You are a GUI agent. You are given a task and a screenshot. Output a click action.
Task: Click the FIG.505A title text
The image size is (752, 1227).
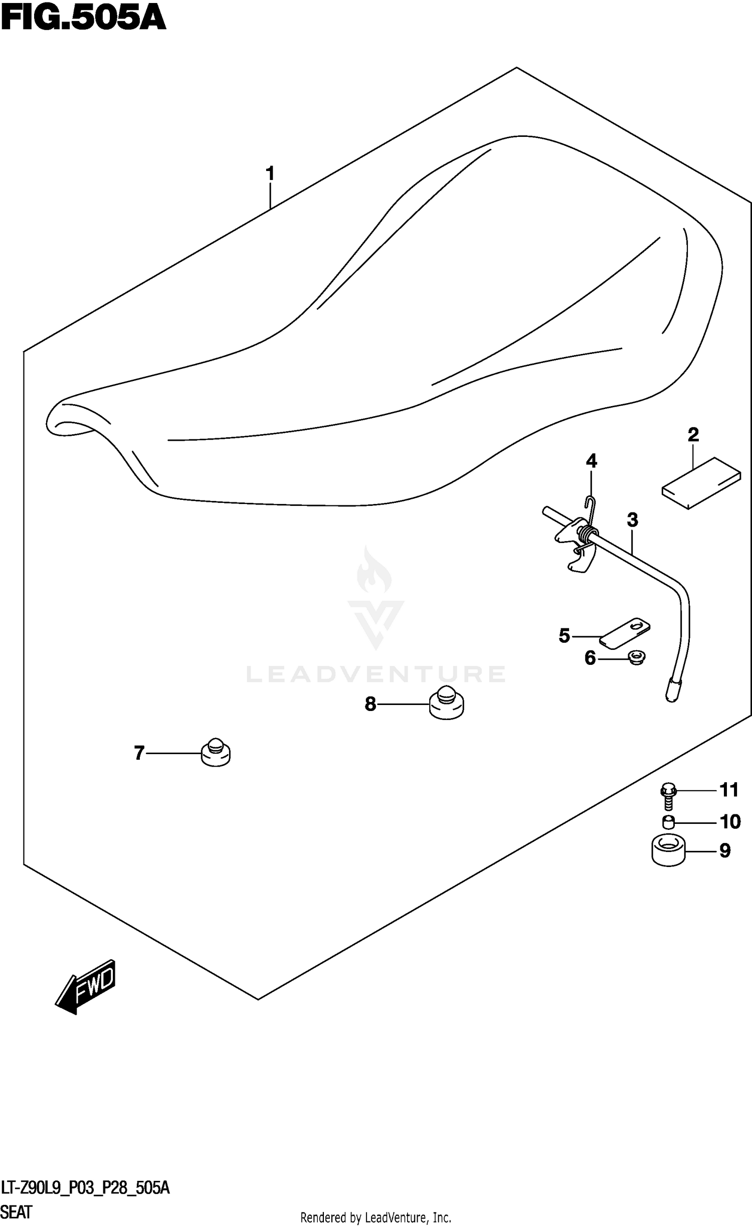[83, 19]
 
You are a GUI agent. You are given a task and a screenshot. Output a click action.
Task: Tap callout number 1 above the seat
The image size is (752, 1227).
[270, 174]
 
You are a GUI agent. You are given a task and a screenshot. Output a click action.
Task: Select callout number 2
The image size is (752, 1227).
[693, 434]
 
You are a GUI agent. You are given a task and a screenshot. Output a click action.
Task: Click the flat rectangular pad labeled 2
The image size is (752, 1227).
[701, 483]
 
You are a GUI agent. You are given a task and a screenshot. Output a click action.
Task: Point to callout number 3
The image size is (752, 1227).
[632, 520]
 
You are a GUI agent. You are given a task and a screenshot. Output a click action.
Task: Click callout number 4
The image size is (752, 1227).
[592, 461]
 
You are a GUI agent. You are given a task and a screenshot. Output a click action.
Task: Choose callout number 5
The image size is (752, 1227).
[564, 636]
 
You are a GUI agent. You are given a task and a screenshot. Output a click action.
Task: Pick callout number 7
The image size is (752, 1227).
[139, 753]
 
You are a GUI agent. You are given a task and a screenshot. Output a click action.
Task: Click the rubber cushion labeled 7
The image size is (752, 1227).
[216, 753]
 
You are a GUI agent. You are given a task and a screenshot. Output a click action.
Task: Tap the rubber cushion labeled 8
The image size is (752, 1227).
[447, 704]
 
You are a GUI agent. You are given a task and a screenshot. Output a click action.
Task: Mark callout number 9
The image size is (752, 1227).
[724, 851]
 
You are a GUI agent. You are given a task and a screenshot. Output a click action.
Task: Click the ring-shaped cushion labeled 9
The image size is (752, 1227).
[668, 850]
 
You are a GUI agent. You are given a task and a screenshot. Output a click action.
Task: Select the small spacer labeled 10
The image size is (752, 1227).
[668, 822]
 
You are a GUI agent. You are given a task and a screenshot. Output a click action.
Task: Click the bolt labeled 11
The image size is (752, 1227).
[668, 796]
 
